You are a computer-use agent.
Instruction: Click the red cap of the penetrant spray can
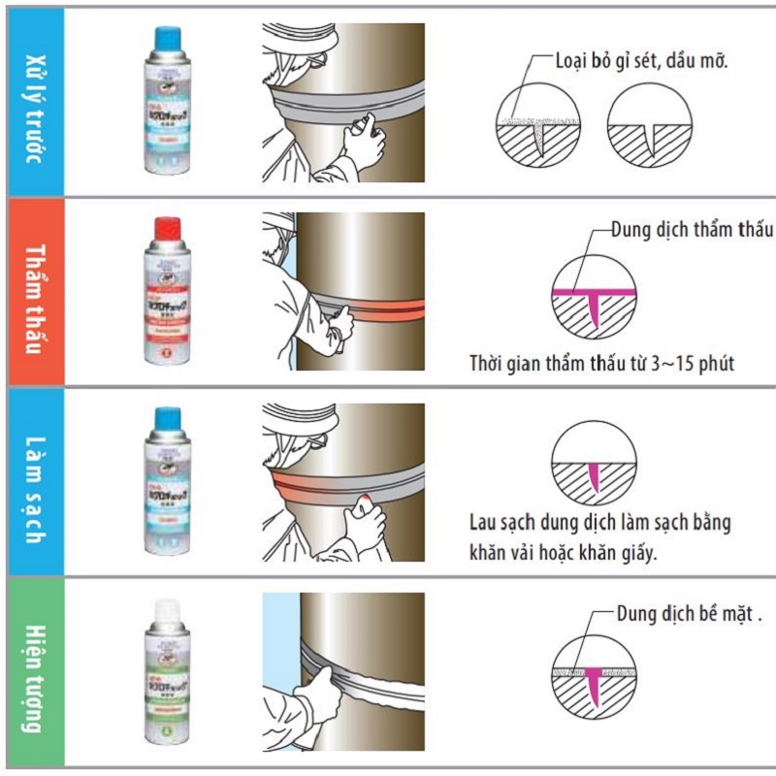pos(169,229)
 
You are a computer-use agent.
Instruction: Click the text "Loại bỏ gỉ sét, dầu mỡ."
pos(641,60)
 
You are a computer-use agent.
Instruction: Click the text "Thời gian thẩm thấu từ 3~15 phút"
pos(600,365)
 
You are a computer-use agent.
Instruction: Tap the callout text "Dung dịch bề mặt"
pos(688,614)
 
